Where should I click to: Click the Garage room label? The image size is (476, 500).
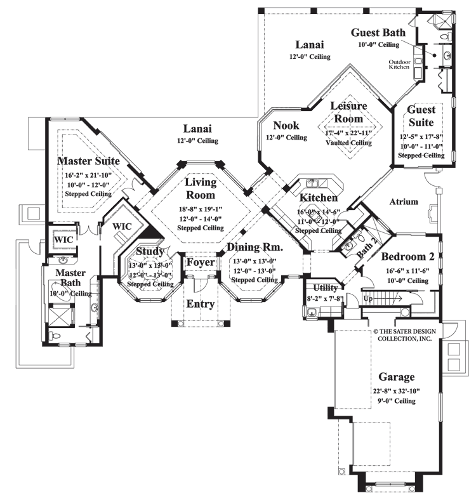[x=398, y=376]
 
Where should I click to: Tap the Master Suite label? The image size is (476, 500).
[x=89, y=161]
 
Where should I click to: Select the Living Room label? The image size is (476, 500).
[x=201, y=189]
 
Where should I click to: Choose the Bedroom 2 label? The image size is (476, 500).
[x=409, y=257]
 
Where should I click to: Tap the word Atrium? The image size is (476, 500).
[x=403, y=202]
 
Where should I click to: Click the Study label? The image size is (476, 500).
[x=150, y=252]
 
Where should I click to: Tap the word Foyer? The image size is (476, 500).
[x=200, y=262]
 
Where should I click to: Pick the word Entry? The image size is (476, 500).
[x=200, y=303]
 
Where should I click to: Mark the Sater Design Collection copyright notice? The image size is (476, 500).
[x=402, y=334]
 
